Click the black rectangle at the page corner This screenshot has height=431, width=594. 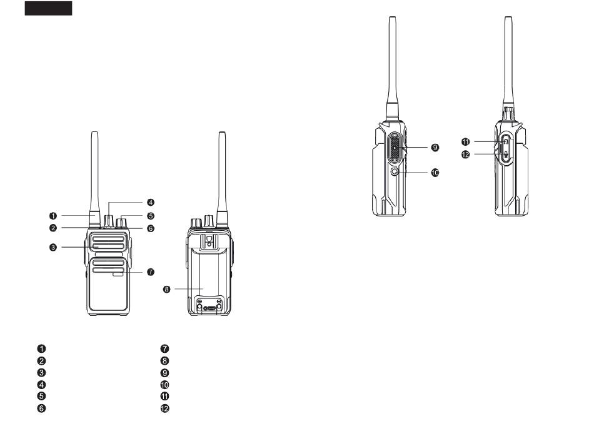click(49, 8)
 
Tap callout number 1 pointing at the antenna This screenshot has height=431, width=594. click(53, 216)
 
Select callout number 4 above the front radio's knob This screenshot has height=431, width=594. click(151, 202)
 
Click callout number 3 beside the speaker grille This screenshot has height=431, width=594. click(53, 247)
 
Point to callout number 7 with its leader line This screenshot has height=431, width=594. click(151, 271)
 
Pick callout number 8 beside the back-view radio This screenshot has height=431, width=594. click(167, 289)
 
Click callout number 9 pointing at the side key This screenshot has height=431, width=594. click(435, 147)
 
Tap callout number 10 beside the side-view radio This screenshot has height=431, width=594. click(435, 173)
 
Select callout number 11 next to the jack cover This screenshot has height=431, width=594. click(466, 142)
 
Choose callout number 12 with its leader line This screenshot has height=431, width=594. click(466, 155)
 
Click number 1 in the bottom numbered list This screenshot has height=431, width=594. click(42, 348)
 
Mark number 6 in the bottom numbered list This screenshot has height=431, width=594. click(42, 408)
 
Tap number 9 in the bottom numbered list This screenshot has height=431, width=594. click(165, 373)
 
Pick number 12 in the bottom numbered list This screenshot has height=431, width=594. click(165, 408)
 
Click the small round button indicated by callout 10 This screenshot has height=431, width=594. click(395, 172)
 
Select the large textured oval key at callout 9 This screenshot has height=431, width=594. click(395, 148)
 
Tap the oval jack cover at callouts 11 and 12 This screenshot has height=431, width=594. click(506, 148)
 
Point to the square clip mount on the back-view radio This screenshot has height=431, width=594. click(209, 241)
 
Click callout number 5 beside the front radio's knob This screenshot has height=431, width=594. click(151, 216)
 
